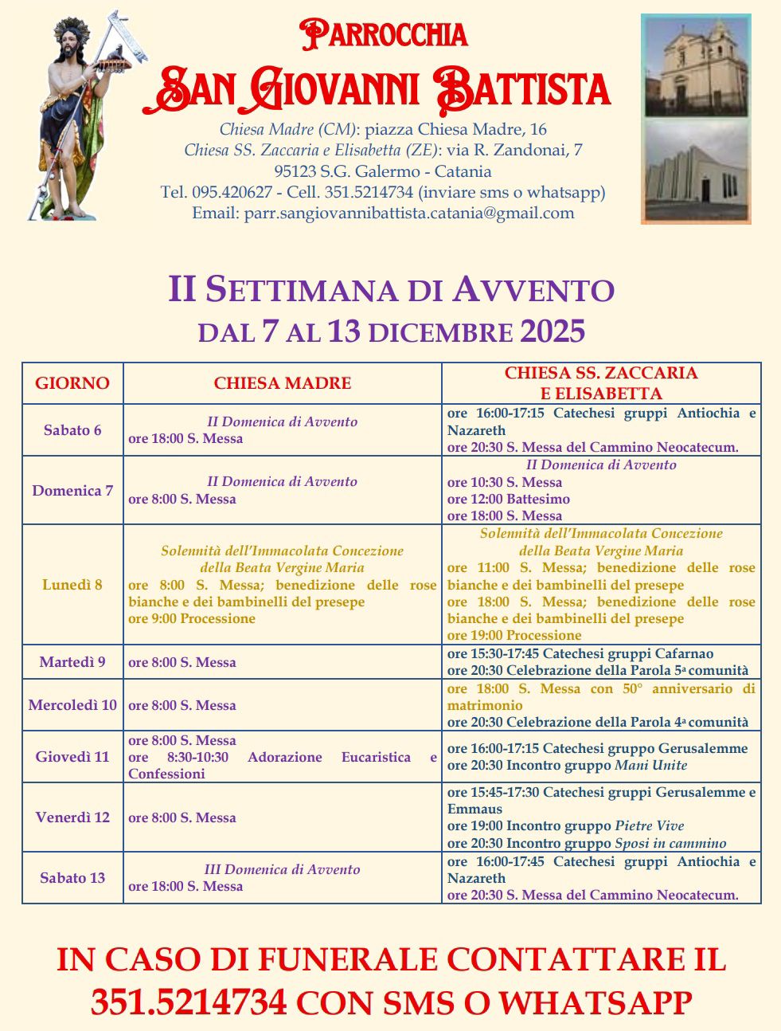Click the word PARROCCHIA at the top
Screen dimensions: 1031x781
[x=384, y=34]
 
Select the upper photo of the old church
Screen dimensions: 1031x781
[x=696, y=67]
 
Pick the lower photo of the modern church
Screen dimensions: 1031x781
[x=696, y=171]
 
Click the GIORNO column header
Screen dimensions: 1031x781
[x=72, y=383]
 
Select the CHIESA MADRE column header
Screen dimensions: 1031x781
[x=282, y=383]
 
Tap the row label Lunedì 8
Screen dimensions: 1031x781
[x=72, y=585]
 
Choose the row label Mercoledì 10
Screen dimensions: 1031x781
[x=72, y=705]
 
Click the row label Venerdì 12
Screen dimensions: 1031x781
[x=72, y=817]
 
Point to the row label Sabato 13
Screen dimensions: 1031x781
[x=72, y=878]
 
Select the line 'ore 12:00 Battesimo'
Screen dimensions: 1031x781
[x=509, y=500]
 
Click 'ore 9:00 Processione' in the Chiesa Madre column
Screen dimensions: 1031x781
[x=192, y=619]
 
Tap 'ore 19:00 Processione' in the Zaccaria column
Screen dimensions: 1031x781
[x=514, y=636]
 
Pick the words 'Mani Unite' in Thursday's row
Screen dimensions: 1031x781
[x=650, y=766]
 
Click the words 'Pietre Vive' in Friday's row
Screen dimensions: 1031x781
[x=649, y=826]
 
